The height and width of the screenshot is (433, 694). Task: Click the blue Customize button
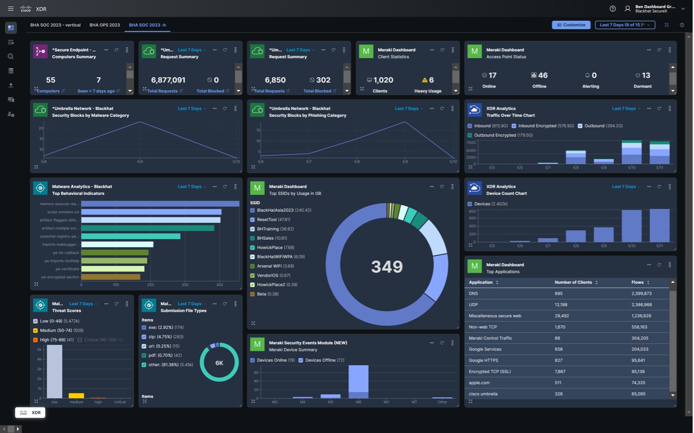(571, 25)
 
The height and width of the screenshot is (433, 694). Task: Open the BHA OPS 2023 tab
(104, 25)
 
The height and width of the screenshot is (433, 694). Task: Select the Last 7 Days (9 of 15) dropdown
(625, 25)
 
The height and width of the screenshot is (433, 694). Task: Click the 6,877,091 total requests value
(168, 80)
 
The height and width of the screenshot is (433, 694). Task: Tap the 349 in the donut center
(387, 266)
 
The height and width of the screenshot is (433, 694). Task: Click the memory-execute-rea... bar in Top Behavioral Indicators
(160, 204)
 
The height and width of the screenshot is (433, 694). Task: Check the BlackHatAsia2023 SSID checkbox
(252, 210)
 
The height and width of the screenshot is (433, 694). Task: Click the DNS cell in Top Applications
(474, 293)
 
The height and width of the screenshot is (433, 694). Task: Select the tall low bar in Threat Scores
(54, 371)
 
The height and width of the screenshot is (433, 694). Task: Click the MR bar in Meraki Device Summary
(359, 381)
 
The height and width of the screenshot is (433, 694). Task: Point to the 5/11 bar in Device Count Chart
(660, 225)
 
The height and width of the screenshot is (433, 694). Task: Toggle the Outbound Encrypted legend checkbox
(470, 135)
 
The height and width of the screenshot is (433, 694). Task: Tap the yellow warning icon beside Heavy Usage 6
(424, 80)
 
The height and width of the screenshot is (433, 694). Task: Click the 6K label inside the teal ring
(219, 363)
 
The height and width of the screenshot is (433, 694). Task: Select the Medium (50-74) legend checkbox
(35, 330)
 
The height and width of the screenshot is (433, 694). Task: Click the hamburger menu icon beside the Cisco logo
(10, 8)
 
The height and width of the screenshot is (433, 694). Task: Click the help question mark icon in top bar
(612, 8)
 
